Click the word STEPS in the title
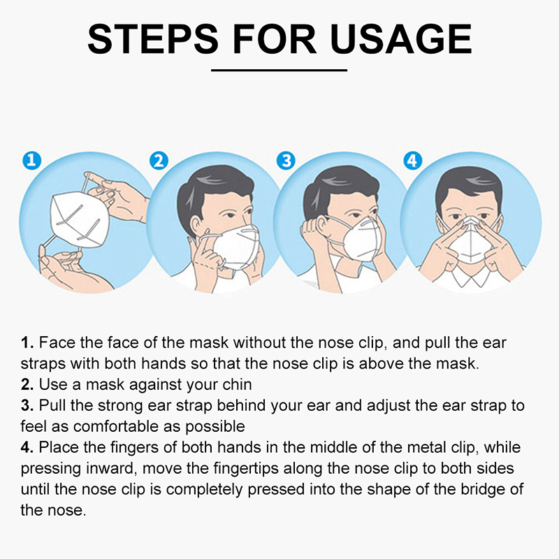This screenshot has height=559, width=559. tap(153, 39)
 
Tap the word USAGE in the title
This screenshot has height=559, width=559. tap(400, 39)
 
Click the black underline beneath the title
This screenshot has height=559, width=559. tap(279, 71)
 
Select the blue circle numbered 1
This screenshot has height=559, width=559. tap(31, 161)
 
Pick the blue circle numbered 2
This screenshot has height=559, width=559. tap(159, 161)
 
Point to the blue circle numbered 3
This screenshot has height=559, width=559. tap(286, 161)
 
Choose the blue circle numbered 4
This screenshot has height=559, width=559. tap(413, 161)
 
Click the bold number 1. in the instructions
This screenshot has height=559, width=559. tap(27, 343)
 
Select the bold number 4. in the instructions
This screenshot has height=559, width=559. tap(27, 448)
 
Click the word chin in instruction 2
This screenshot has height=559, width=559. tap(237, 385)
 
